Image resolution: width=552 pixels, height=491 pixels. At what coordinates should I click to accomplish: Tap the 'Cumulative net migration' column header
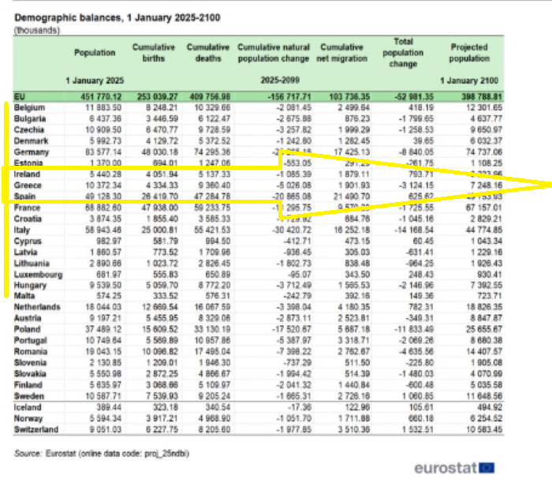click(344, 52)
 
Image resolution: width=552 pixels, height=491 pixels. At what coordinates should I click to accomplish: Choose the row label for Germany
click(32, 152)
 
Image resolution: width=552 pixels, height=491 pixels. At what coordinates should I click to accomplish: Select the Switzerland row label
click(38, 429)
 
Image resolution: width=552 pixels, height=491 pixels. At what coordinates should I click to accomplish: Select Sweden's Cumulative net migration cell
click(351, 395)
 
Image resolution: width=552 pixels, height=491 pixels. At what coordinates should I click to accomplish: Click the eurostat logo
click(453, 468)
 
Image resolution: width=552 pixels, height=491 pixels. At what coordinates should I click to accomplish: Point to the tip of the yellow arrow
click(550, 185)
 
